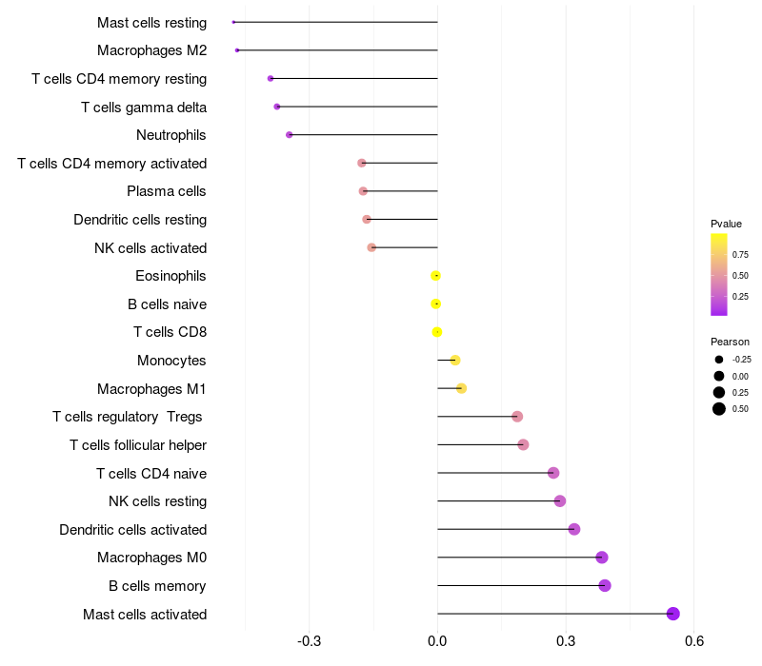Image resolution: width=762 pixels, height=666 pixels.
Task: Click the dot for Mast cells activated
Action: click(673, 614)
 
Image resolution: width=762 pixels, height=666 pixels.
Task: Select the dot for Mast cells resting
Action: click(233, 22)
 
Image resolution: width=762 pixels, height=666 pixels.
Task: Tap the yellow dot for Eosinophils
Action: click(436, 276)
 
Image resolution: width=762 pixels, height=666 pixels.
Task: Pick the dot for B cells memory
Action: click(605, 585)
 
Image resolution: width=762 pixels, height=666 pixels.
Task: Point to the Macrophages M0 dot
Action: click(602, 558)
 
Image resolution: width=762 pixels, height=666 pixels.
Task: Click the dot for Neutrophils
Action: click(290, 135)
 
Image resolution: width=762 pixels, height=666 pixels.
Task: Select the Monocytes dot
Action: click(455, 360)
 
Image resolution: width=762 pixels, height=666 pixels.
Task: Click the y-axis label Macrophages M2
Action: click(151, 50)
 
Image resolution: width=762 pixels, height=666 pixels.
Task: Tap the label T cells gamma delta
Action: click(144, 107)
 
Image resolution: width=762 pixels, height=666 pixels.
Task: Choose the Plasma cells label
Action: click(167, 191)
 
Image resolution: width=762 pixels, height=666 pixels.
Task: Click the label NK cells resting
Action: click(158, 501)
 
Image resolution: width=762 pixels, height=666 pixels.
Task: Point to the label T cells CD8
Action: click(170, 332)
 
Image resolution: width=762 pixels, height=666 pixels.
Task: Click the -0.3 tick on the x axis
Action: click(310, 641)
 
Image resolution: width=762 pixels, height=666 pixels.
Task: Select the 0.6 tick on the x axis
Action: click(693, 641)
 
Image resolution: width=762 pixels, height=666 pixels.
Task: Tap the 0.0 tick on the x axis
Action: click(437, 641)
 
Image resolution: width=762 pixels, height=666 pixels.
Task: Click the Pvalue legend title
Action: click(726, 224)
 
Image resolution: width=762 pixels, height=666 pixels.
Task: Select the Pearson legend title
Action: click(730, 342)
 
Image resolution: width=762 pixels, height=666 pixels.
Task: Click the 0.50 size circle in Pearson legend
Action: click(719, 409)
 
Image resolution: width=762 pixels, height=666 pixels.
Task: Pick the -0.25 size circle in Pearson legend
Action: click(719, 360)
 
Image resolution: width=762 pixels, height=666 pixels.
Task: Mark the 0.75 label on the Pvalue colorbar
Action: click(740, 254)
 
